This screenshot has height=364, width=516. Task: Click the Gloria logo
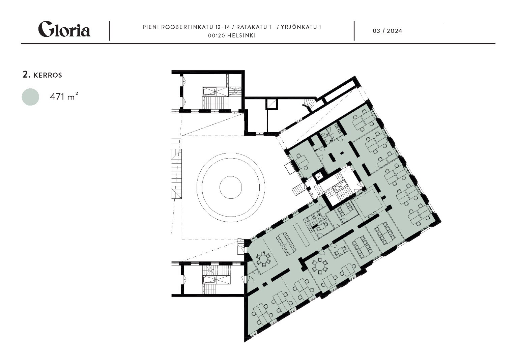click(x=64, y=29)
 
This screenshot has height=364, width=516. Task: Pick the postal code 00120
click(x=217, y=36)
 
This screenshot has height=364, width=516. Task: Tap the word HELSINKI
click(x=241, y=36)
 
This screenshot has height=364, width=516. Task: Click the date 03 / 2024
click(x=388, y=31)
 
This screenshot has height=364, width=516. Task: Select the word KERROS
click(x=48, y=75)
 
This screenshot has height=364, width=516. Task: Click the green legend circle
click(x=30, y=97)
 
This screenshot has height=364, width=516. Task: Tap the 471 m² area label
click(x=64, y=96)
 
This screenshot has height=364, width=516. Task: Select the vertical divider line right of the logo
click(x=109, y=31)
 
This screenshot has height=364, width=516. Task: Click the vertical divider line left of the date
click(x=354, y=31)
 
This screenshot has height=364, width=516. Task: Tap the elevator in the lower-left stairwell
click(x=217, y=279)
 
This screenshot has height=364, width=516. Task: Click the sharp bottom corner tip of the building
click(x=245, y=341)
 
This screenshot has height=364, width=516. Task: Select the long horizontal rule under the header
click(x=258, y=43)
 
